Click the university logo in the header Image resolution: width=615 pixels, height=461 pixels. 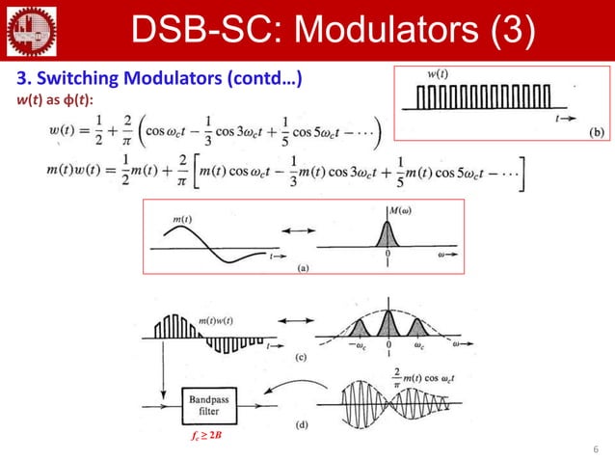point(30,28)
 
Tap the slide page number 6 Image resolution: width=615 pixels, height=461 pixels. point(596,448)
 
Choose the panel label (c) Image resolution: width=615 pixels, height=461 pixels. point(301,357)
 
